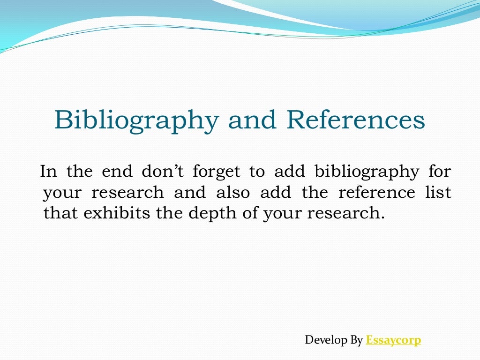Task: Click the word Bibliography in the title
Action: (136, 121)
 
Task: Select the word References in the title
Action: (356, 120)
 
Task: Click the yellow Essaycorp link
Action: (393, 340)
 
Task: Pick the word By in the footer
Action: (357, 340)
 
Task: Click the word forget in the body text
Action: (216, 172)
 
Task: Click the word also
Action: (233, 193)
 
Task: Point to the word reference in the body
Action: (377, 193)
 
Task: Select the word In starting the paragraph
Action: (48, 172)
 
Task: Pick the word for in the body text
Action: (440, 172)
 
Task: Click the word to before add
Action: (257, 172)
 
